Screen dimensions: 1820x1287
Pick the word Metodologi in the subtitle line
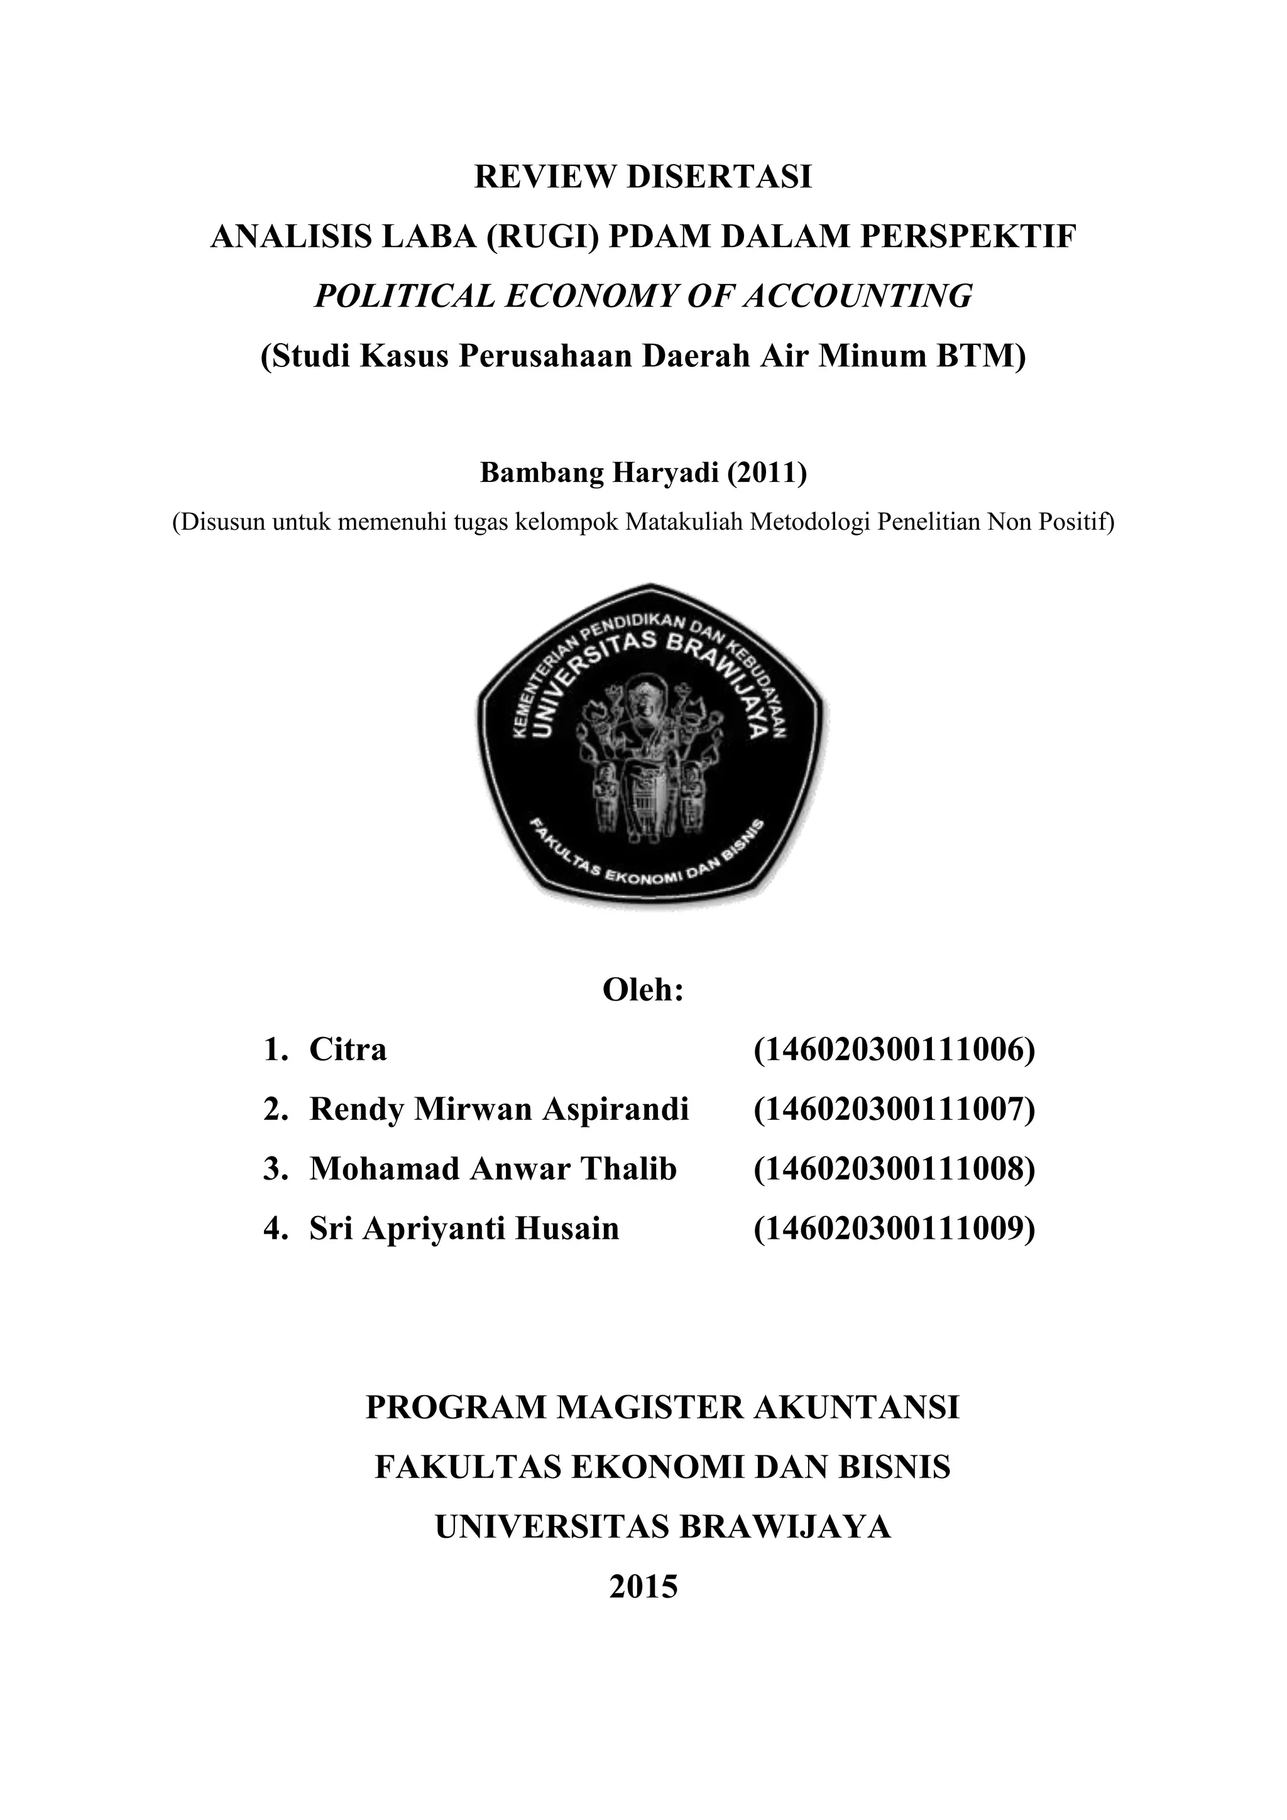tap(811, 522)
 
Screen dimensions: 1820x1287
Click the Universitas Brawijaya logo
tap(650, 745)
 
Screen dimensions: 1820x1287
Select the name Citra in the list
tap(348, 1050)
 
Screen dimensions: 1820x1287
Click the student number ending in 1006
tap(894, 1050)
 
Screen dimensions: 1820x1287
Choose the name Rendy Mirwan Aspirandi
tap(498, 1109)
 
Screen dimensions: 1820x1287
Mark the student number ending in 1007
tap(894, 1109)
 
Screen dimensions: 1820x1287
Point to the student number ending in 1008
tap(894, 1168)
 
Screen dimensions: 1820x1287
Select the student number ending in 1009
tap(894, 1228)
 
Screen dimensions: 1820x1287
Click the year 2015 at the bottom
tap(643, 1586)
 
